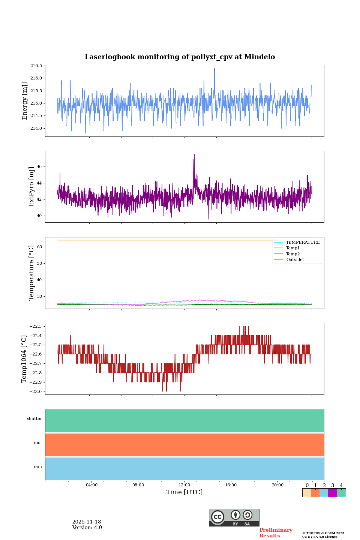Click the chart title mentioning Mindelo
(180, 57)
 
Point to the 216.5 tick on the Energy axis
(36, 66)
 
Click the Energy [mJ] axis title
(25, 101)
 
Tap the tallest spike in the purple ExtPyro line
(194, 155)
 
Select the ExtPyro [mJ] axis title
(31, 187)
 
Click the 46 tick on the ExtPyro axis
(39, 166)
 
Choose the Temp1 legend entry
(292, 248)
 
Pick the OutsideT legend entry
(295, 259)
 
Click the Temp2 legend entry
(292, 254)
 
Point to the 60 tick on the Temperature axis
(39, 247)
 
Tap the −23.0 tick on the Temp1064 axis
(36, 391)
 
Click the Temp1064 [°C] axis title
(24, 359)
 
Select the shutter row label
(34, 418)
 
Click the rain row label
(38, 466)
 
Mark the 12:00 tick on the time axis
(184, 485)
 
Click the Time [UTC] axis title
(184, 492)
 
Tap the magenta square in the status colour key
(332, 493)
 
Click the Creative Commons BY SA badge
(234, 517)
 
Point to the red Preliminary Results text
(276, 533)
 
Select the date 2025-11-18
(87, 522)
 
